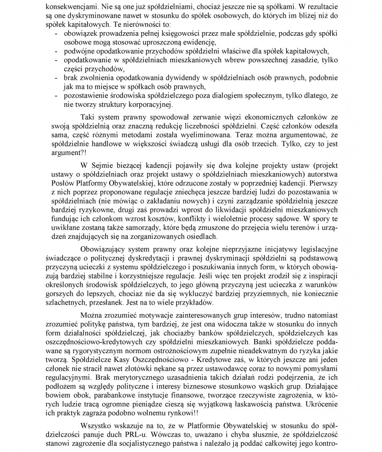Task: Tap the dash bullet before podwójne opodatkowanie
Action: tap(56, 50)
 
